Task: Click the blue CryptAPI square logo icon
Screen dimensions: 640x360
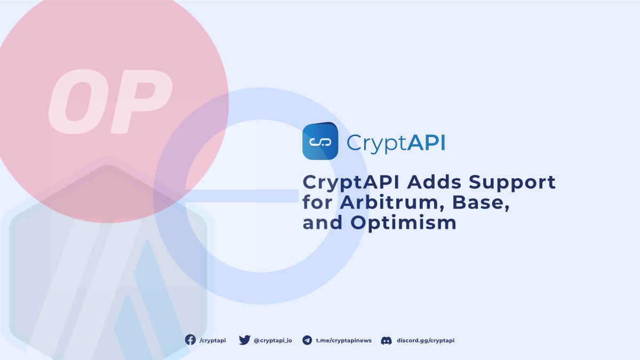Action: (x=321, y=141)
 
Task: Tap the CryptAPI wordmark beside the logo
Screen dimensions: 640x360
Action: (x=396, y=143)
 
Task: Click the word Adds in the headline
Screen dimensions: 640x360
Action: (x=434, y=182)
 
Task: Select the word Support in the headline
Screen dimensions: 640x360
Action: (x=512, y=183)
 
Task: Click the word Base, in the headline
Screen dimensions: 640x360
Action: (x=481, y=203)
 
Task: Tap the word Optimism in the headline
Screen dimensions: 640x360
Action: (x=403, y=223)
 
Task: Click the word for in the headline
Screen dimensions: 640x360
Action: (x=317, y=202)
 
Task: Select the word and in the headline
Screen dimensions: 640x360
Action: (x=322, y=222)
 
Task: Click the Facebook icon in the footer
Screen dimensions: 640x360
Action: (x=190, y=340)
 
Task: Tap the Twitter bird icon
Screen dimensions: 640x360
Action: (x=245, y=340)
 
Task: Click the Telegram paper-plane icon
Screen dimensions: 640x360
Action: (x=307, y=340)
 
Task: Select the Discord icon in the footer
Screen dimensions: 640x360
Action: (x=386, y=340)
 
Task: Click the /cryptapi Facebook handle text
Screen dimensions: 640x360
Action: (x=213, y=341)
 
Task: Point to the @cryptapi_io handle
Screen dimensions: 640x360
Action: (x=273, y=341)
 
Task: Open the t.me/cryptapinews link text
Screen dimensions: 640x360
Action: (x=343, y=341)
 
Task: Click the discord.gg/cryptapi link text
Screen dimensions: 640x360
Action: (x=426, y=341)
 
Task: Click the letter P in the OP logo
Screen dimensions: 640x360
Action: (x=141, y=101)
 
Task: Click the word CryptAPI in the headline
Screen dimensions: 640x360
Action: (x=351, y=183)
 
